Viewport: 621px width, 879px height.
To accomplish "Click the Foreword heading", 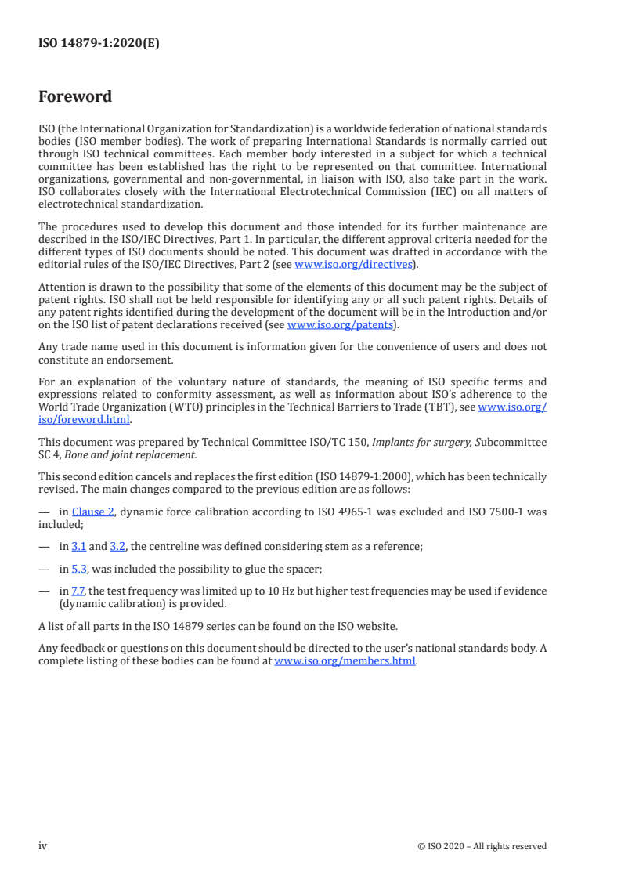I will click(75, 97).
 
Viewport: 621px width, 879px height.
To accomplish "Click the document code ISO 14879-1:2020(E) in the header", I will click(99, 44).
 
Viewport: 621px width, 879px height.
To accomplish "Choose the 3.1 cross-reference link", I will click(78, 546).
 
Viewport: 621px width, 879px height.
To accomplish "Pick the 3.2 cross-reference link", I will click(117, 546).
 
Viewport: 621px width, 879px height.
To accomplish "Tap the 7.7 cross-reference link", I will click(78, 591).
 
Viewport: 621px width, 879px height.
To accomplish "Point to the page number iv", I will click(43, 845).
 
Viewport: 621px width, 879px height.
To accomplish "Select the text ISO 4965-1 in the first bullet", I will click(329, 512).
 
